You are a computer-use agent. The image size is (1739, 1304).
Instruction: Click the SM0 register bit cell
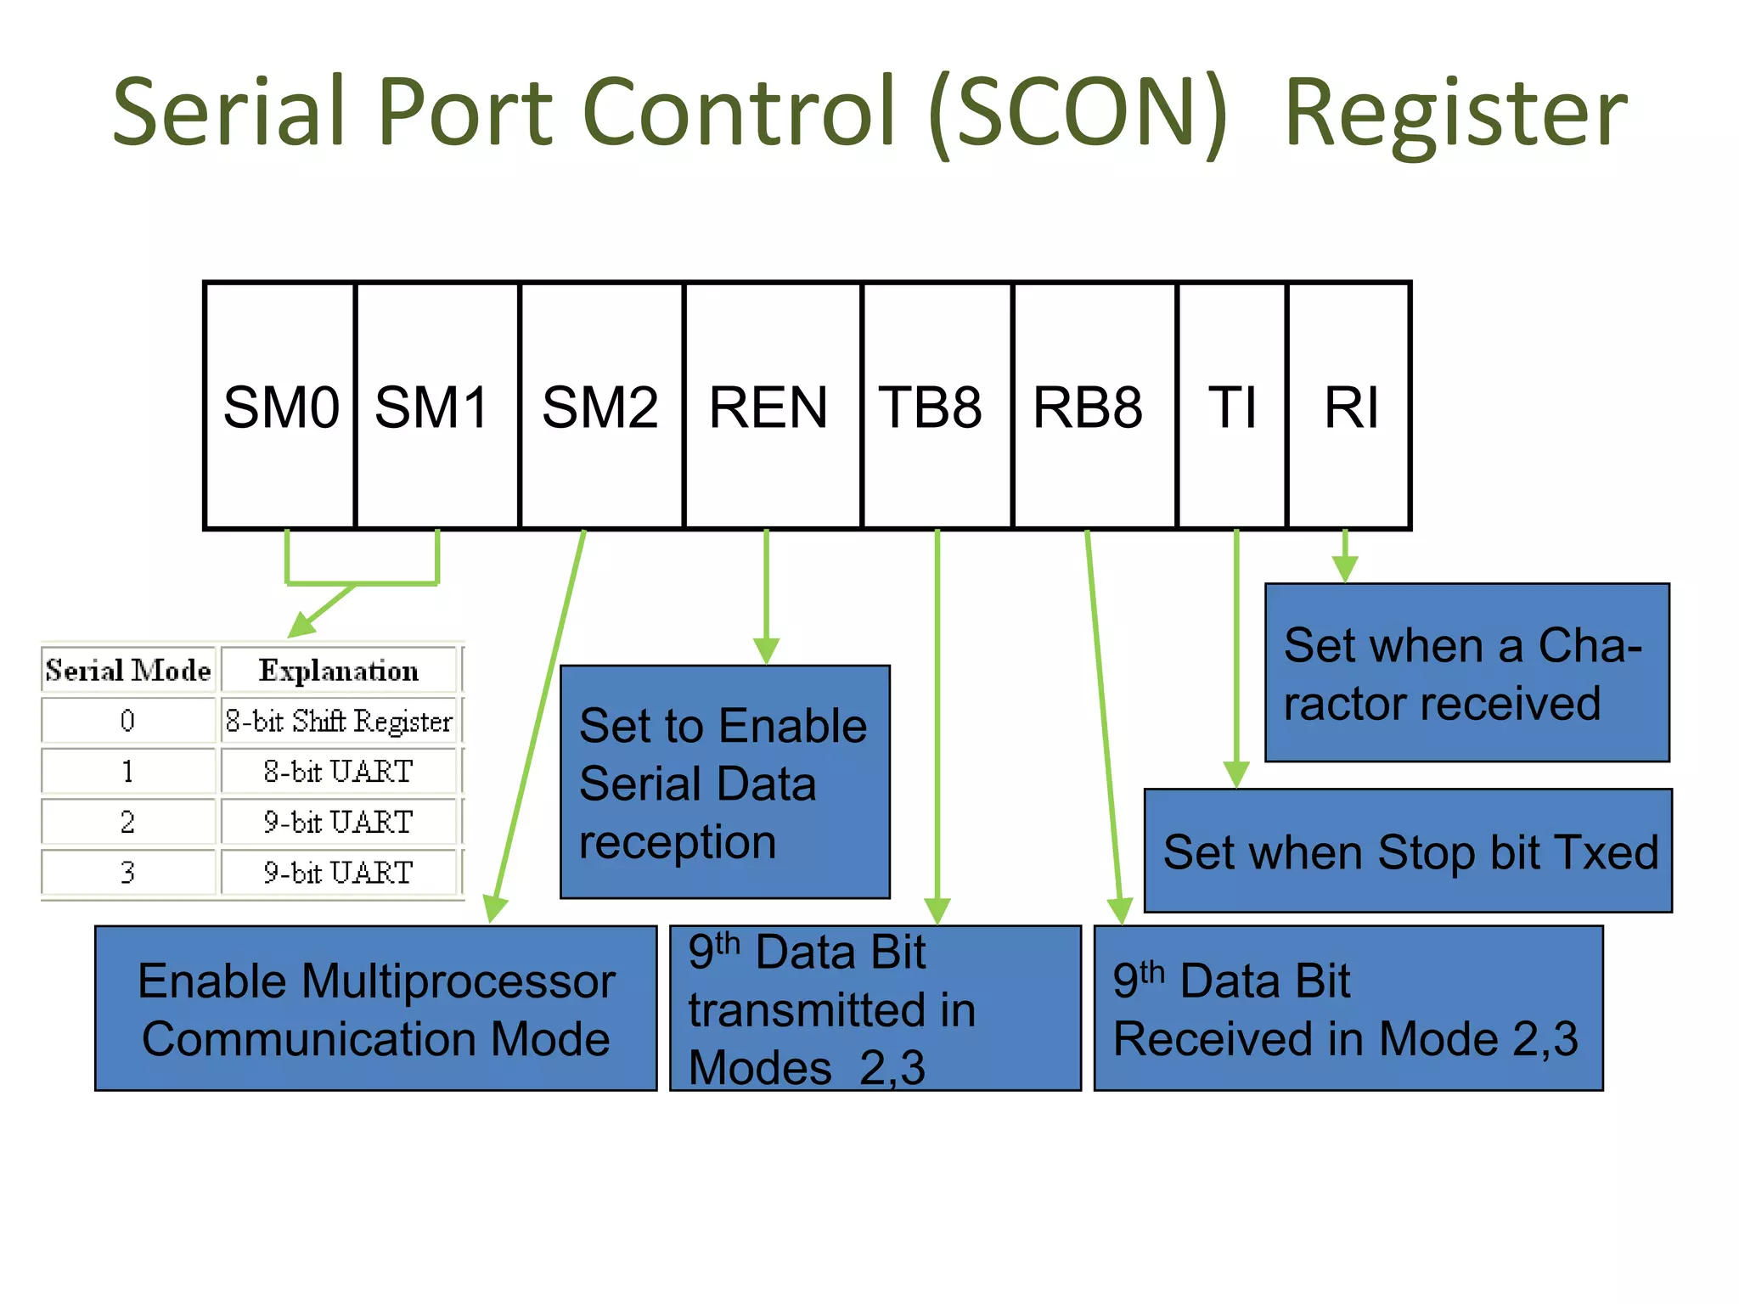click(280, 407)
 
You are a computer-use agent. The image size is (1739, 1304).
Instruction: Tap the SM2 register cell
click(601, 407)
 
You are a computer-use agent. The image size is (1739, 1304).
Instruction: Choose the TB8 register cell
click(936, 407)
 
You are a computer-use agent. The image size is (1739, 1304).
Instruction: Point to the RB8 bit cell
click(1094, 407)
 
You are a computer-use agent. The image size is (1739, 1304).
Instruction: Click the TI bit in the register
click(1231, 407)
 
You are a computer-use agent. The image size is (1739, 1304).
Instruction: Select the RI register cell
click(1349, 407)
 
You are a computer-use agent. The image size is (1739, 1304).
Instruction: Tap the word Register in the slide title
click(1455, 115)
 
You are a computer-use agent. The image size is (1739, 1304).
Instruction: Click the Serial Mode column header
click(128, 671)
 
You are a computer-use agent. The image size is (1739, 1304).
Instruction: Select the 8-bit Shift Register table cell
click(339, 721)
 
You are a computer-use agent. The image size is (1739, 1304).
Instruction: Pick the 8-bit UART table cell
click(339, 771)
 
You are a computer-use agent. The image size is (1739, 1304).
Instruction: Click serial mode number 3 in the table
click(127, 872)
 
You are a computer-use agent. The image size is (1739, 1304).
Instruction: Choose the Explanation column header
click(339, 671)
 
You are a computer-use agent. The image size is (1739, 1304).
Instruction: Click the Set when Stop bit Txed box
click(1408, 852)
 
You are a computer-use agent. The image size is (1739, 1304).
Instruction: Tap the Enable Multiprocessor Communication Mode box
click(375, 1009)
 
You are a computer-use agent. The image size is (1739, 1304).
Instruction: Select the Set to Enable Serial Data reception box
click(724, 782)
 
